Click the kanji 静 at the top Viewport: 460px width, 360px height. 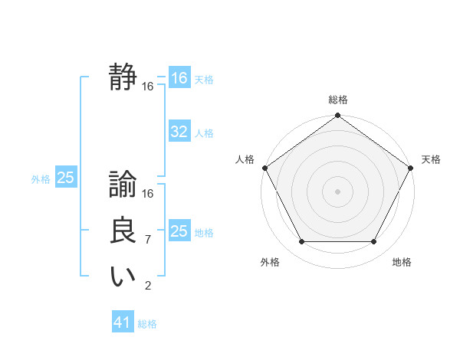123,77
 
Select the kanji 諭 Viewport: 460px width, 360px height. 123,185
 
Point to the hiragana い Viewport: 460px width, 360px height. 123,277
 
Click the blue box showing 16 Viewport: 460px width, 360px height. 179,78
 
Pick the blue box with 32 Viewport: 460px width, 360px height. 179,132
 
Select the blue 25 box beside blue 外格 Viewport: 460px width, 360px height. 65,178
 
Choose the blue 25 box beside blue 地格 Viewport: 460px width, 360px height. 179,231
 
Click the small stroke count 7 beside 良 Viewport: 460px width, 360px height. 147,240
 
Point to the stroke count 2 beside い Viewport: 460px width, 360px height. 147,286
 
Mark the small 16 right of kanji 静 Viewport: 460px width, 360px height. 147,87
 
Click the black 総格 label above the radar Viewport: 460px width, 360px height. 338,100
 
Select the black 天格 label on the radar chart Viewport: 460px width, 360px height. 432,159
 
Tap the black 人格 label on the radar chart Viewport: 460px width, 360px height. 245,159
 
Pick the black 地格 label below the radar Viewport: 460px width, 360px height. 402,262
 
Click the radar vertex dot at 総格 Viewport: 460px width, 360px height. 338,116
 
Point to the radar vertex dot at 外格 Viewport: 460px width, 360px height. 301,242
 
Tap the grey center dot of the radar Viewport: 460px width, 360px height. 338,191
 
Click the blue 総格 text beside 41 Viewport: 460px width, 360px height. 147,323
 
